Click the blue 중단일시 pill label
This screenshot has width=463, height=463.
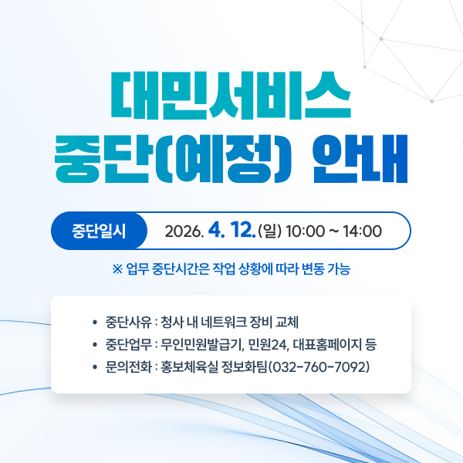point(98,231)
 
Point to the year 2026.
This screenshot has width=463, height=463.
point(184,231)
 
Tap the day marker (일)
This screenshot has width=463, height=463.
point(270,231)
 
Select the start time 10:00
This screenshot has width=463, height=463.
point(305,231)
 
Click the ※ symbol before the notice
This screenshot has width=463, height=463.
point(117,269)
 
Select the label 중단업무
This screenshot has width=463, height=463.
point(128,343)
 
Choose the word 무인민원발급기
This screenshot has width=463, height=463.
point(202,343)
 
